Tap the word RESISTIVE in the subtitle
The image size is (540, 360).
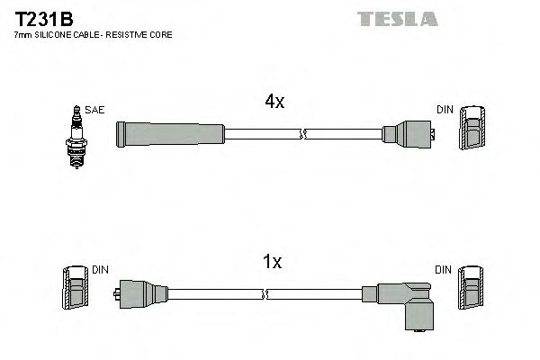pos(133,34)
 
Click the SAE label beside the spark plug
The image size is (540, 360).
pos(95,110)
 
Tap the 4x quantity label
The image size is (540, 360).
pos(274,103)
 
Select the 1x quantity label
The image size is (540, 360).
pos(272,262)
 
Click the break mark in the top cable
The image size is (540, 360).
pos(303,135)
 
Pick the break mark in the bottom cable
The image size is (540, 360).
pos(266,294)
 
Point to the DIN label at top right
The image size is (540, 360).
pos(445,110)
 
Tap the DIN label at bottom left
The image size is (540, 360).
pos(99,270)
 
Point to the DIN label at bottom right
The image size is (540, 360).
pos(444,270)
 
